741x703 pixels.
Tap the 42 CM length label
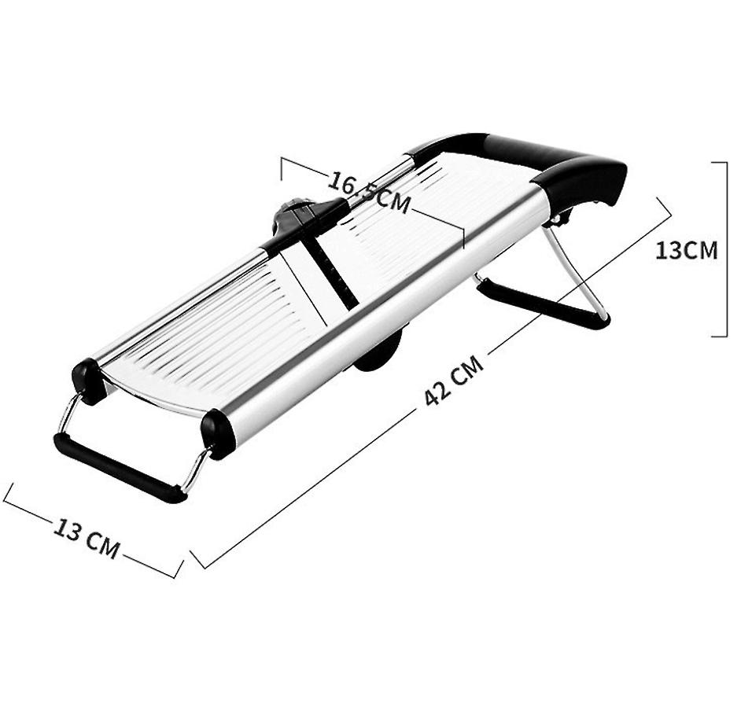point(453,381)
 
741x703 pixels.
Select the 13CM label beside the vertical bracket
point(686,250)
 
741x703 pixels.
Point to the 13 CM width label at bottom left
point(87,537)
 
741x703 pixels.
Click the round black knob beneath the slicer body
point(379,353)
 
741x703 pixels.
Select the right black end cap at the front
point(218,432)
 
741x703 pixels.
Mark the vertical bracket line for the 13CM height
point(726,249)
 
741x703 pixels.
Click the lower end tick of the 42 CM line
point(197,559)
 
